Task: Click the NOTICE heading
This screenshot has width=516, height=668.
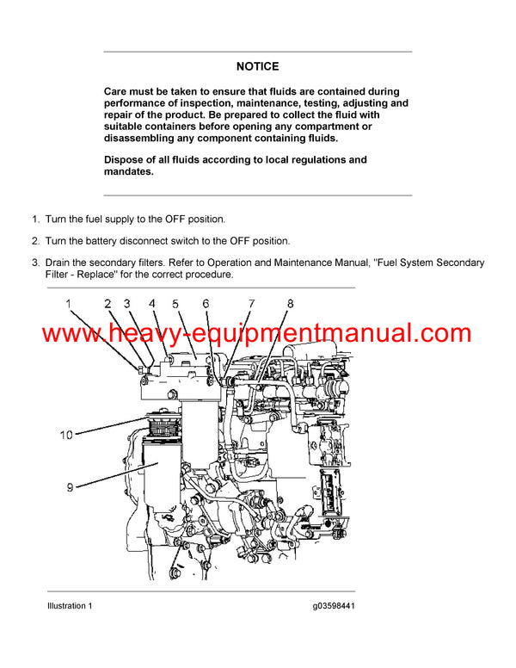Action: click(257, 66)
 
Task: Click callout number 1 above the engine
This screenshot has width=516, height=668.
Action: click(69, 303)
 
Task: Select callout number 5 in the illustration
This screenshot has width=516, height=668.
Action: click(175, 304)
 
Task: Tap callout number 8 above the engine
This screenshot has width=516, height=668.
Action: click(290, 303)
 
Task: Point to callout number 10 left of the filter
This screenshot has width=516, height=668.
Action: click(66, 436)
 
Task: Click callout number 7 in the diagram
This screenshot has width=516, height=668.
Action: click(251, 304)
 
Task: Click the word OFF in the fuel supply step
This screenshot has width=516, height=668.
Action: click(166, 220)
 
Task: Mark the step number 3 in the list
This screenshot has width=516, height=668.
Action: click(35, 263)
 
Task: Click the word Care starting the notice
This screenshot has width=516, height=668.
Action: click(117, 91)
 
